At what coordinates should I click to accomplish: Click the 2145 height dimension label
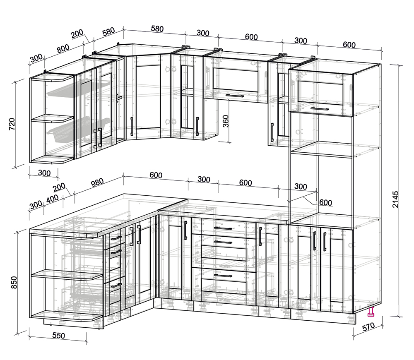395,199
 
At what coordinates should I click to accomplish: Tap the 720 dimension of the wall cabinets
12,124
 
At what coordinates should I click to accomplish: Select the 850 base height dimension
14,282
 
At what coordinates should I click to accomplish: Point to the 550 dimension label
59,336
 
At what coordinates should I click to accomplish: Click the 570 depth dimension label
368,327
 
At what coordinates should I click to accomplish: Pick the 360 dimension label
226,121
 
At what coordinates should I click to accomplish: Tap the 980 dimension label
97,182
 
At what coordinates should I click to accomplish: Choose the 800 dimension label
63,48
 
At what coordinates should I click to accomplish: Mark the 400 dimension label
52,199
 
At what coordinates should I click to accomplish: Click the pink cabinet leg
371,312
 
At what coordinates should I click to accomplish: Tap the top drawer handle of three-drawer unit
223,228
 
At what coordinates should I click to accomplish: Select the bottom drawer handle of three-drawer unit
223,276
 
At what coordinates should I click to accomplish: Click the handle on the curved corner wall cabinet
132,127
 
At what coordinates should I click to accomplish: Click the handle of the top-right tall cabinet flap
320,109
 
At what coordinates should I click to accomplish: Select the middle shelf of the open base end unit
67,275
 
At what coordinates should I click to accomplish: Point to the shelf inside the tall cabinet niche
322,150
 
